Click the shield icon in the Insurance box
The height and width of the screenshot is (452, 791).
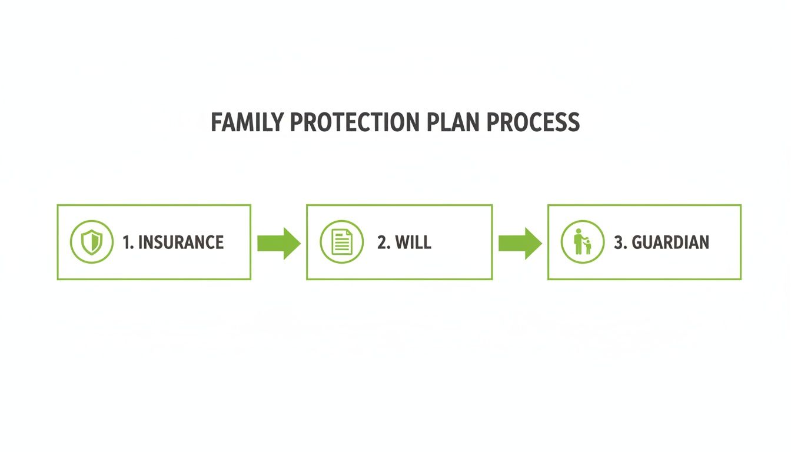click(92, 242)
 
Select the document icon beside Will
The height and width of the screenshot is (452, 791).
click(341, 242)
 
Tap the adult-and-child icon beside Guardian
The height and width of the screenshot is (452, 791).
click(582, 242)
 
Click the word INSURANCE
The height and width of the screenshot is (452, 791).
click(181, 242)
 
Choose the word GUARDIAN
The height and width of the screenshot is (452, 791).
click(670, 242)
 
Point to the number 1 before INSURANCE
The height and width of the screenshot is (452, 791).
click(126, 242)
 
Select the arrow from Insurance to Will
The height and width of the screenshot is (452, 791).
click(279, 242)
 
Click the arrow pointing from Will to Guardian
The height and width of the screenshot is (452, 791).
click(520, 242)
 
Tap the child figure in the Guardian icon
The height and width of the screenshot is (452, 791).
click(587, 247)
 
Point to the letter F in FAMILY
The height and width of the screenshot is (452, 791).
click(215, 122)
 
